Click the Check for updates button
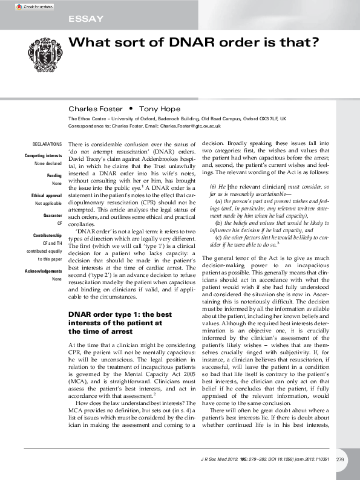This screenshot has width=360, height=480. click(x=34, y=7)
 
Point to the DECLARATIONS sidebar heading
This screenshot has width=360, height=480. click(x=47, y=144)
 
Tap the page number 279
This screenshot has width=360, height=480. click(x=340, y=460)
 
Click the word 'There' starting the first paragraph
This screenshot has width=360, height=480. click(x=76, y=144)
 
